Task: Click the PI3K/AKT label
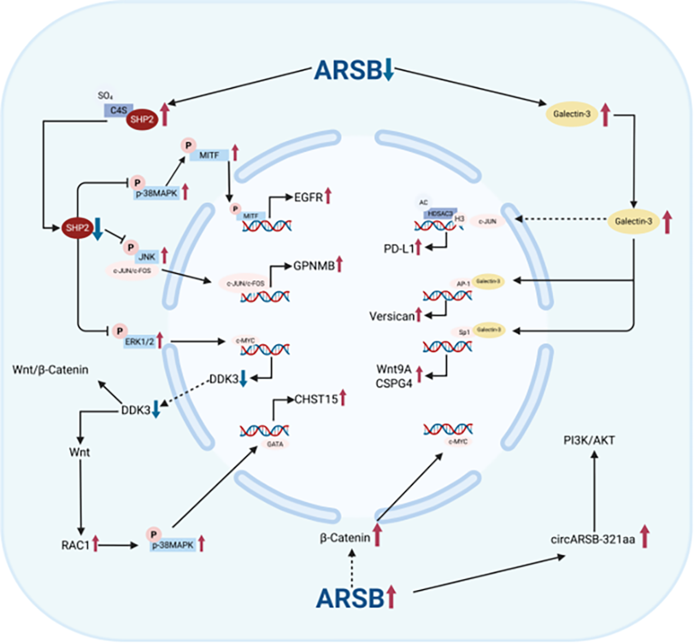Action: click(x=589, y=440)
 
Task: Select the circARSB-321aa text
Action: click(x=592, y=539)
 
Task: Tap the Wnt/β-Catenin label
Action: click(x=51, y=369)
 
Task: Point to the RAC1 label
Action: click(x=75, y=546)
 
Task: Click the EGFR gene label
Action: click(x=309, y=197)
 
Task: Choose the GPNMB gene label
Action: click(x=314, y=266)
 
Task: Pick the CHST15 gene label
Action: click(x=316, y=399)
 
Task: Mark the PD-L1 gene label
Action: click(x=398, y=248)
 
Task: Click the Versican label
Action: click(x=391, y=316)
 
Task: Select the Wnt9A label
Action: click(x=394, y=369)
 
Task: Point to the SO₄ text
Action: click(x=105, y=95)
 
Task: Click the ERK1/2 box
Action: click(x=139, y=342)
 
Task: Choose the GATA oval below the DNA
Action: click(x=275, y=444)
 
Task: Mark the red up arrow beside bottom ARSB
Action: click(x=391, y=597)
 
